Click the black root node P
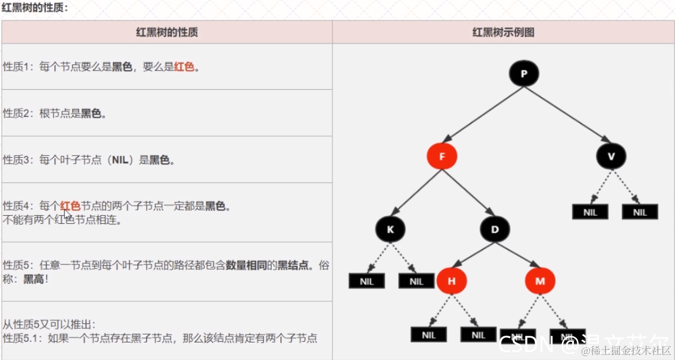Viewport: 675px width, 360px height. click(x=524, y=73)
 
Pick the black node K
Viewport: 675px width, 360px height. click(x=390, y=229)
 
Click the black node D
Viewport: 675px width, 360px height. click(x=495, y=229)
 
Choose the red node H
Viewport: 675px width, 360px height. click(x=451, y=280)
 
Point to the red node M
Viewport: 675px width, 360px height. click(x=540, y=280)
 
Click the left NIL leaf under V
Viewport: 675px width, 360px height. click(x=590, y=212)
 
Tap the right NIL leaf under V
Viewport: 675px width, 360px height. click(x=639, y=212)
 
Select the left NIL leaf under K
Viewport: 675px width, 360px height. click(x=367, y=281)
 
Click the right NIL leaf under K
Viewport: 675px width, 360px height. click(x=416, y=281)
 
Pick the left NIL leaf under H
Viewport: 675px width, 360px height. click(x=428, y=335)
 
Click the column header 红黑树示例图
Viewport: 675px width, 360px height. click(x=503, y=32)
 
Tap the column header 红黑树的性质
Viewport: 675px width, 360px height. click(x=167, y=32)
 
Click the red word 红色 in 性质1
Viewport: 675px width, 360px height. click(x=184, y=67)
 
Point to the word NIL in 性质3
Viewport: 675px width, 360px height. click(x=121, y=160)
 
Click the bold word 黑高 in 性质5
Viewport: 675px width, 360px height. click(x=32, y=279)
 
